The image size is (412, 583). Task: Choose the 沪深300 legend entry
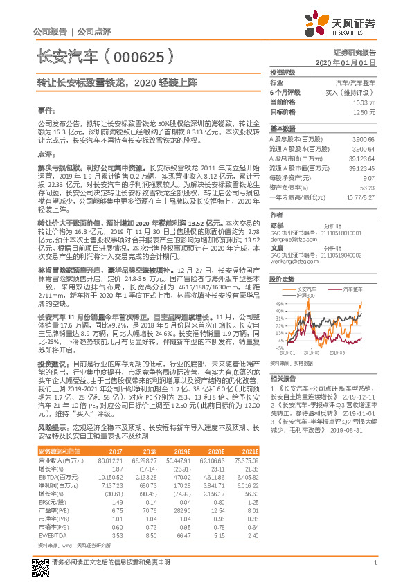coord(305,296)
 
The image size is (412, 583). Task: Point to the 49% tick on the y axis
coord(279,303)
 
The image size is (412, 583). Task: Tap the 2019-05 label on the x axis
coord(312,352)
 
